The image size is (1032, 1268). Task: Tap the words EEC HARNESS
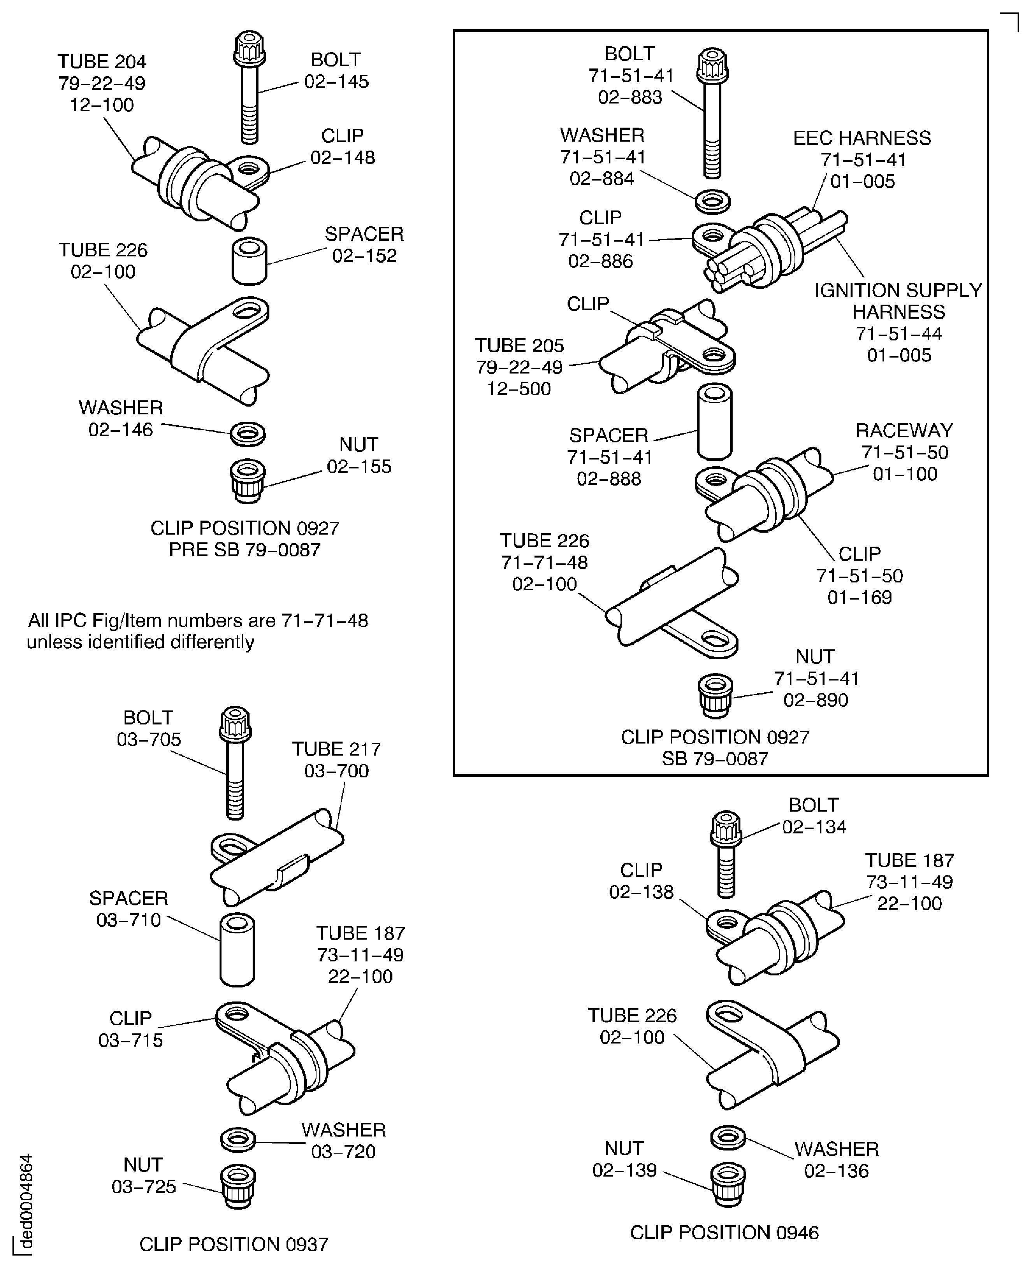(862, 138)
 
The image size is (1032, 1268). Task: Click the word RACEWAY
(904, 430)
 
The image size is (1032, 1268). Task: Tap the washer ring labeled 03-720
(238, 1139)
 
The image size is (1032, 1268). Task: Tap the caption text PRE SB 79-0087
(244, 550)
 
